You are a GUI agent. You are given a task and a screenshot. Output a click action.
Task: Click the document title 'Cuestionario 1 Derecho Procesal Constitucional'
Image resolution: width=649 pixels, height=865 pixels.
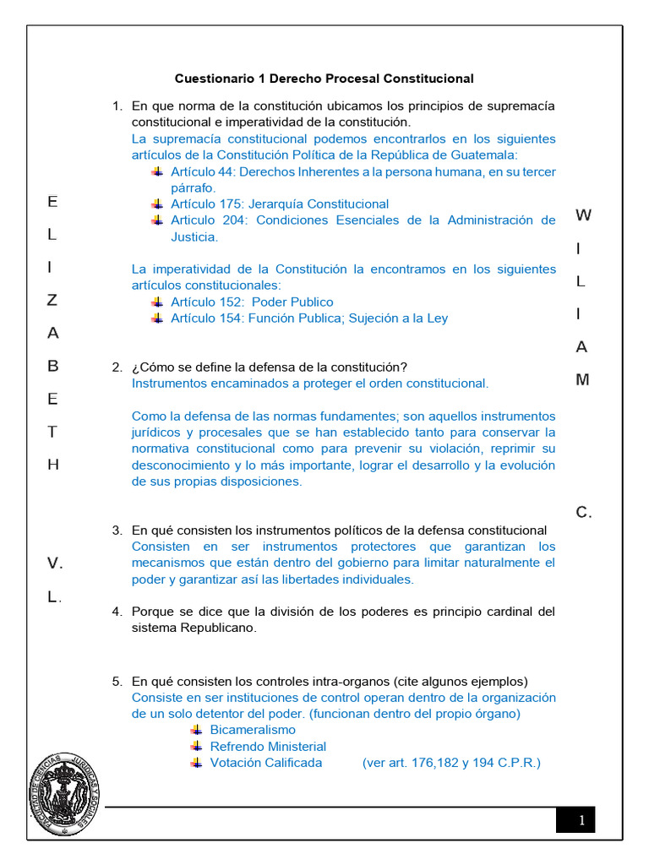click(324, 79)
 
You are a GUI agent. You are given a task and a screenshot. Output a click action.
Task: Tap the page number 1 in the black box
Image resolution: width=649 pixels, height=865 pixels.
click(581, 820)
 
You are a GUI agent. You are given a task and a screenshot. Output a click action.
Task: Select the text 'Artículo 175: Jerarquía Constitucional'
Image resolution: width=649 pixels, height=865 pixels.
click(280, 204)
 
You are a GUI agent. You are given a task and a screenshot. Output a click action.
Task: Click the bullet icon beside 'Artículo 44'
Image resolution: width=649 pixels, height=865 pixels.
click(156, 171)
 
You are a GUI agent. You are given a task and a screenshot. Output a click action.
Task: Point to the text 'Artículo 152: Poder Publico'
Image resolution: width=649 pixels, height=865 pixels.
click(252, 302)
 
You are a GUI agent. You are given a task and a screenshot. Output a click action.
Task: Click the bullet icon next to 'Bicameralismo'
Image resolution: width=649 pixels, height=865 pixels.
click(196, 730)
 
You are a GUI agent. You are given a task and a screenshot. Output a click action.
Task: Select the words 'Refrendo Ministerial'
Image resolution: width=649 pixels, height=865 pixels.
click(268, 747)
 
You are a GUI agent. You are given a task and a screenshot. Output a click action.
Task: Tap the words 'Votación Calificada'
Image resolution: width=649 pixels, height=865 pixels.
click(266, 763)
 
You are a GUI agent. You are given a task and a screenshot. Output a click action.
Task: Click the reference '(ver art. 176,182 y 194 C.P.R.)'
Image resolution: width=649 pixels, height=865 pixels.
click(451, 763)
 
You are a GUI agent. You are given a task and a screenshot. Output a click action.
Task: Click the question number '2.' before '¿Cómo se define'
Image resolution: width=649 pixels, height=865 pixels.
click(117, 367)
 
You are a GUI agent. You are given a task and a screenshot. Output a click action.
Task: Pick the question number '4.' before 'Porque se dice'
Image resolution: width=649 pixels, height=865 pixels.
click(117, 612)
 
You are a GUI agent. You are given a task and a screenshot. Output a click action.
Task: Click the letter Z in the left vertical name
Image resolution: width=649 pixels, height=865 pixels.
click(52, 300)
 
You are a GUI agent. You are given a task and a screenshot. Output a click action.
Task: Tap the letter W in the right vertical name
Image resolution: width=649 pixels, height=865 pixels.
click(583, 215)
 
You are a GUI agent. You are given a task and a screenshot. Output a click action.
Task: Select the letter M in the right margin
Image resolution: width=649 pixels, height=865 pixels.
click(582, 380)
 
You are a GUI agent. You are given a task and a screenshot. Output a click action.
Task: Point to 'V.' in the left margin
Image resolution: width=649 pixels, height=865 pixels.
click(55, 563)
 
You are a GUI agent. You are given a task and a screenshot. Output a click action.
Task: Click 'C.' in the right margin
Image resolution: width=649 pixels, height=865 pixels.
click(584, 513)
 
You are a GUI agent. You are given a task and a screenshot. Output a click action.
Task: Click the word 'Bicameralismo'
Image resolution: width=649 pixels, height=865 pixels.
click(253, 730)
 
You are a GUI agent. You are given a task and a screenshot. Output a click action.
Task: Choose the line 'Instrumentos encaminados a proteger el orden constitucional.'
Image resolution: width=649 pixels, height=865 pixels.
click(310, 383)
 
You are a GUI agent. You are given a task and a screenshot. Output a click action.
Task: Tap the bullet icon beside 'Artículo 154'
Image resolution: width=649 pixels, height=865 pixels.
click(156, 318)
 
